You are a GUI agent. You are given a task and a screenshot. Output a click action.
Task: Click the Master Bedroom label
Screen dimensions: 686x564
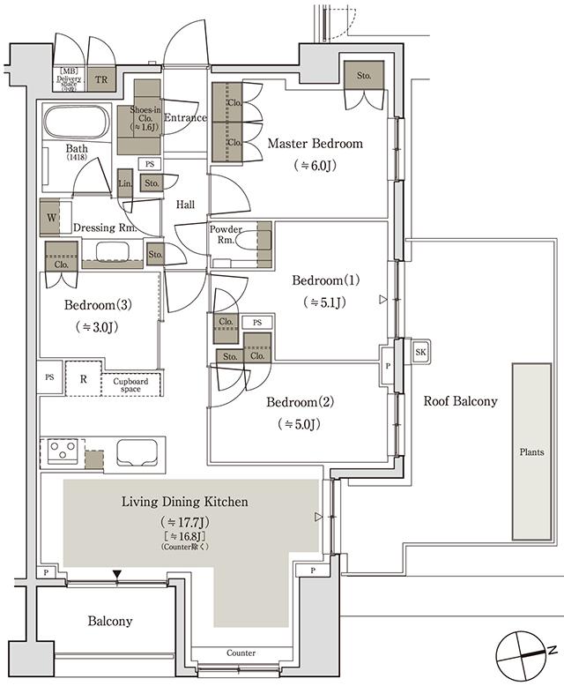coord(315,144)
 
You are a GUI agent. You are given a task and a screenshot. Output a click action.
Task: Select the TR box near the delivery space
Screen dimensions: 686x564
coord(101,78)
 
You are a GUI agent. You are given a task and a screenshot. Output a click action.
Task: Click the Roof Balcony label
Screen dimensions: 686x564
coord(460,400)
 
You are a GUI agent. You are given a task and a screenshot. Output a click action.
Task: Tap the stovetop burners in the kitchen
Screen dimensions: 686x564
coord(63,451)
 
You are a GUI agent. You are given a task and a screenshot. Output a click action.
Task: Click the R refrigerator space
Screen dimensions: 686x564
coord(83,379)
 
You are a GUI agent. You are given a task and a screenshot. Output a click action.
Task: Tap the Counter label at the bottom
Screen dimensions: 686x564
coord(241,653)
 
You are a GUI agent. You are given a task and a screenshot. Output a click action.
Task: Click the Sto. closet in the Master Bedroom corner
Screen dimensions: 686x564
coord(364,76)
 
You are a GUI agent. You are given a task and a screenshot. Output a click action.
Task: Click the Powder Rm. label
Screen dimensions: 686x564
coord(225,235)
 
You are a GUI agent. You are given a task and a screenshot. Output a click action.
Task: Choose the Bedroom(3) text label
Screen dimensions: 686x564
coord(98,305)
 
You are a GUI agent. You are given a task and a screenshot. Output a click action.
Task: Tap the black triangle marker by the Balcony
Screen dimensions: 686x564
coord(116,576)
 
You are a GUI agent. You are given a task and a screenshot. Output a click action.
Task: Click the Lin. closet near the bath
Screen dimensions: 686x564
coord(125,183)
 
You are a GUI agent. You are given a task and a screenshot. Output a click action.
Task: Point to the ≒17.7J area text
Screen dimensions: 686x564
coord(184,520)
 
